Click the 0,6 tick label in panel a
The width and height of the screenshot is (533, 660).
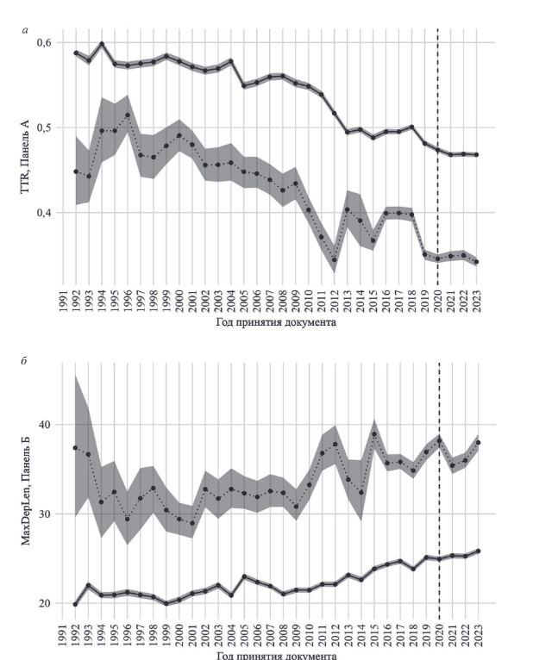click(42, 43)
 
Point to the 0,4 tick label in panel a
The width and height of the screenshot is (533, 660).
click(42, 213)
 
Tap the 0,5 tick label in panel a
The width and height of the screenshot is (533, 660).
click(42, 128)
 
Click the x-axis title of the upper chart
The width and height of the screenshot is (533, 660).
click(278, 323)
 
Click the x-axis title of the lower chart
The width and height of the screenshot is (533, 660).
click(278, 654)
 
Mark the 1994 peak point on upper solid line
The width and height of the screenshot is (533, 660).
click(102, 44)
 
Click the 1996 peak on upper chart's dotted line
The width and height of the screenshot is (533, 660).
click(128, 115)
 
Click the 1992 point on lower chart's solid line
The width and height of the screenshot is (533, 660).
click(76, 604)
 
